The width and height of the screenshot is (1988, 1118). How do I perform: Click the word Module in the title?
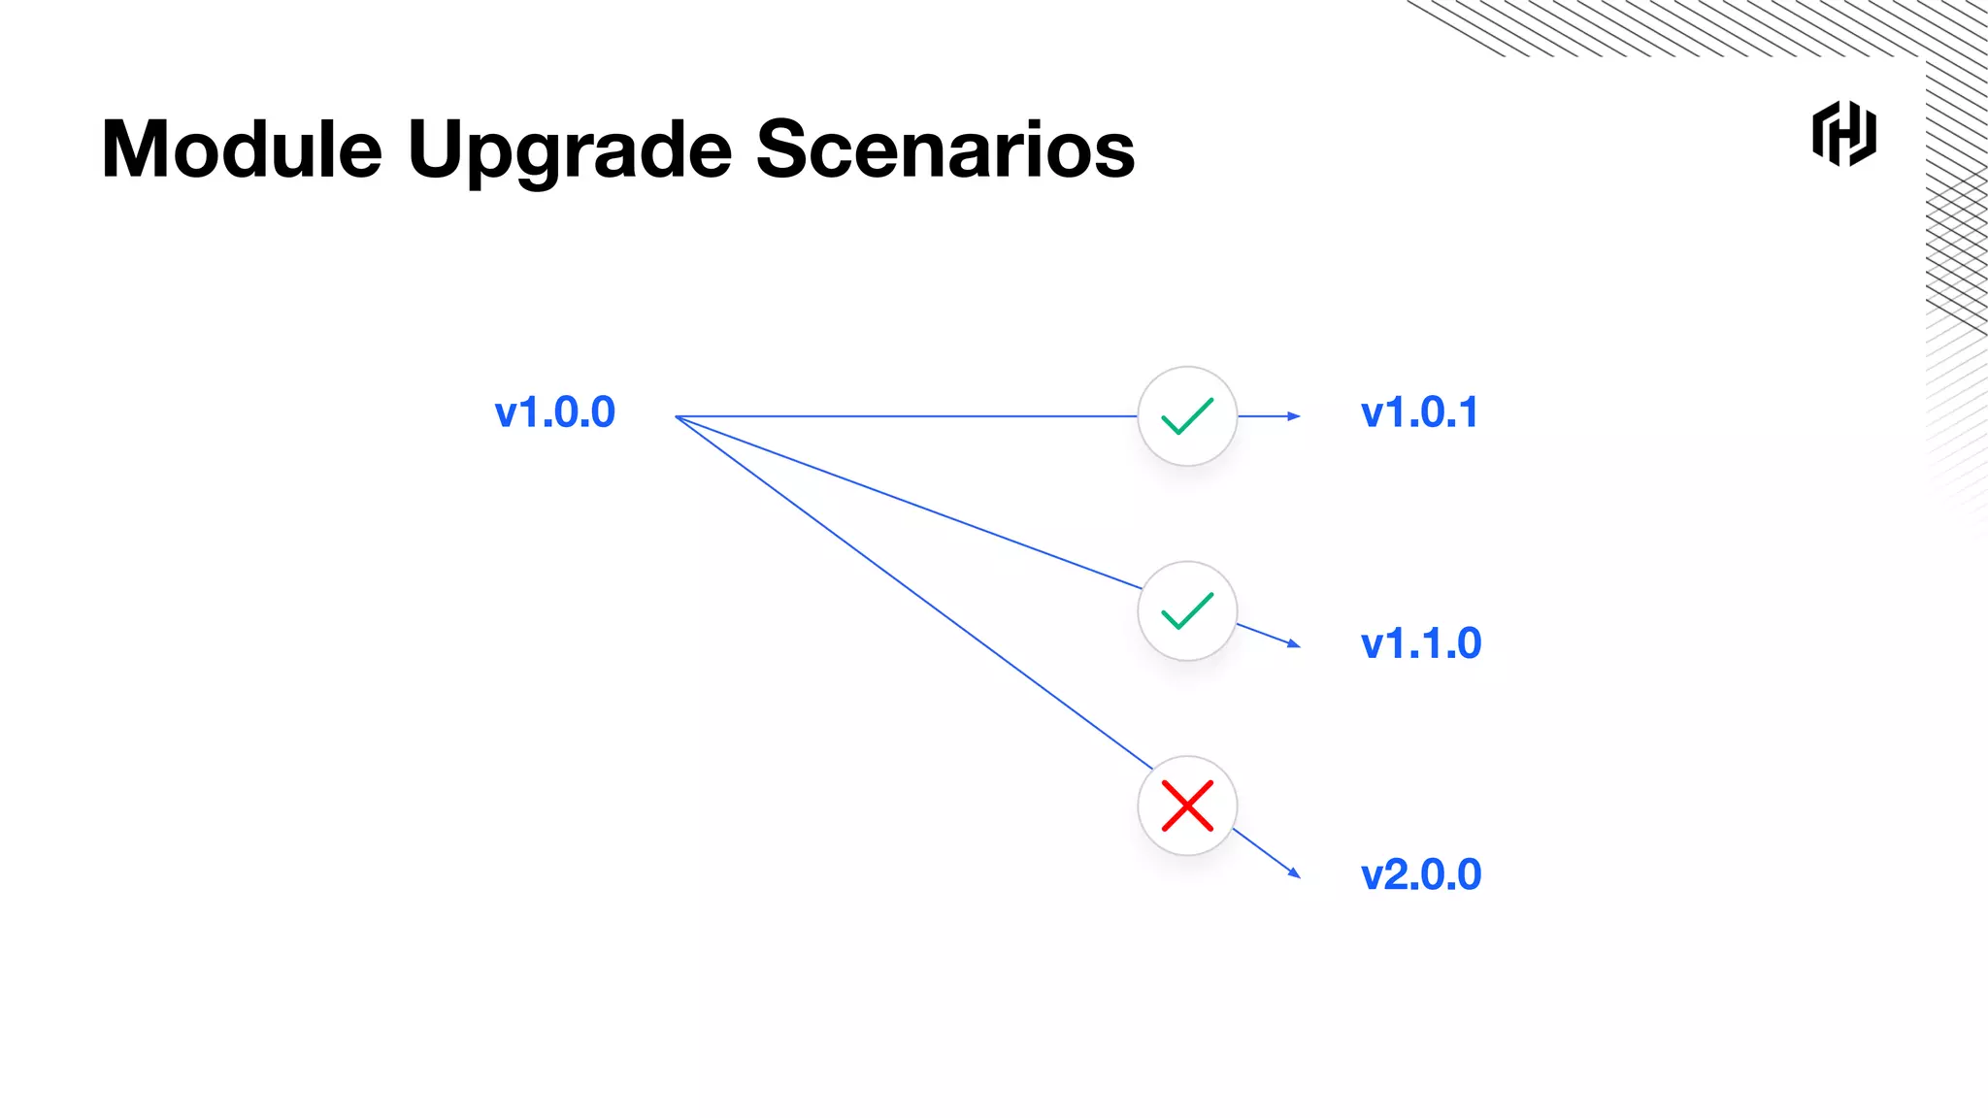pyautogui.click(x=242, y=150)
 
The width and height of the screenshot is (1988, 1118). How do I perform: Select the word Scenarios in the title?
pyautogui.click(x=944, y=150)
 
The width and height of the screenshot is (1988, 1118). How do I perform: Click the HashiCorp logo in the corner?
pyautogui.click(x=1843, y=134)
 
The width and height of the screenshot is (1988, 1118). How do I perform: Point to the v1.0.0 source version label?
pyautogui.click(x=554, y=413)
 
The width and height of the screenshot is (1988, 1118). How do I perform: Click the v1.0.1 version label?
pyautogui.click(x=1419, y=413)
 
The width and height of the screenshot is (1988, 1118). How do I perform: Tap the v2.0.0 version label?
pyautogui.click(x=1421, y=875)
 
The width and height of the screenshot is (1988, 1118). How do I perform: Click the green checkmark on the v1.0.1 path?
pyautogui.click(x=1187, y=416)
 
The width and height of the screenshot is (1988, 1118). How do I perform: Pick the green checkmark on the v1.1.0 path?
pyautogui.click(x=1187, y=610)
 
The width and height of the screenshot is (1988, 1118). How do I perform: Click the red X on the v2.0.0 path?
pyautogui.click(x=1187, y=806)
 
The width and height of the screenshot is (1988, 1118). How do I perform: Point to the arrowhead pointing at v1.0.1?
pyautogui.click(x=1294, y=416)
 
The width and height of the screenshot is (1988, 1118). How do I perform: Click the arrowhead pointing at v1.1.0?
pyautogui.click(x=1294, y=643)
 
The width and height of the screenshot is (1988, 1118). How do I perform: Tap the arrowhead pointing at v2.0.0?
pyautogui.click(x=1295, y=872)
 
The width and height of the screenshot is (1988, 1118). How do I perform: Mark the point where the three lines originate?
pyautogui.click(x=677, y=416)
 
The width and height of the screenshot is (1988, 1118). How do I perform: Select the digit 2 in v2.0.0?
pyautogui.click(x=1401, y=875)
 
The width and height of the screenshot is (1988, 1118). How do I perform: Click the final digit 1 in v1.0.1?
pyautogui.click(x=1469, y=413)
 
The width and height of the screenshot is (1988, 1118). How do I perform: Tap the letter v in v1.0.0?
pyautogui.click(x=506, y=415)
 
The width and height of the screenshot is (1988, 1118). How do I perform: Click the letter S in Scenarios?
pyautogui.click(x=782, y=150)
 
